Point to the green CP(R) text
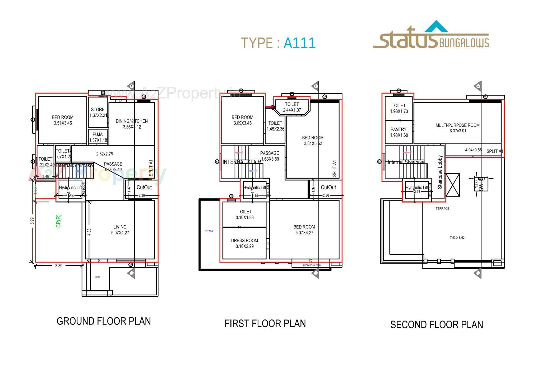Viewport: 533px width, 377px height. point(58,221)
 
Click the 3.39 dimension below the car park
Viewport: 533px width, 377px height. point(59,266)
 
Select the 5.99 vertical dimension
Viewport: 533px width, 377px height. point(32,221)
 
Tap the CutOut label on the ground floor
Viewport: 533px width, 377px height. point(144,188)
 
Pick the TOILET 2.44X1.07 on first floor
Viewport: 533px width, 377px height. point(292,107)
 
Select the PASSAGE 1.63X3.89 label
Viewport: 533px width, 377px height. point(270,156)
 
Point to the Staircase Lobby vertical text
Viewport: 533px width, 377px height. point(440,172)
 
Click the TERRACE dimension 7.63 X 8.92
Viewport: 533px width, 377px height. point(457,238)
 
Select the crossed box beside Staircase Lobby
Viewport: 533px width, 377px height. point(452,185)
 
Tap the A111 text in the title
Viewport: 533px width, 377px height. point(299,43)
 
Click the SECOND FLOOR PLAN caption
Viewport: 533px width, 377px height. point(436,324)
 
